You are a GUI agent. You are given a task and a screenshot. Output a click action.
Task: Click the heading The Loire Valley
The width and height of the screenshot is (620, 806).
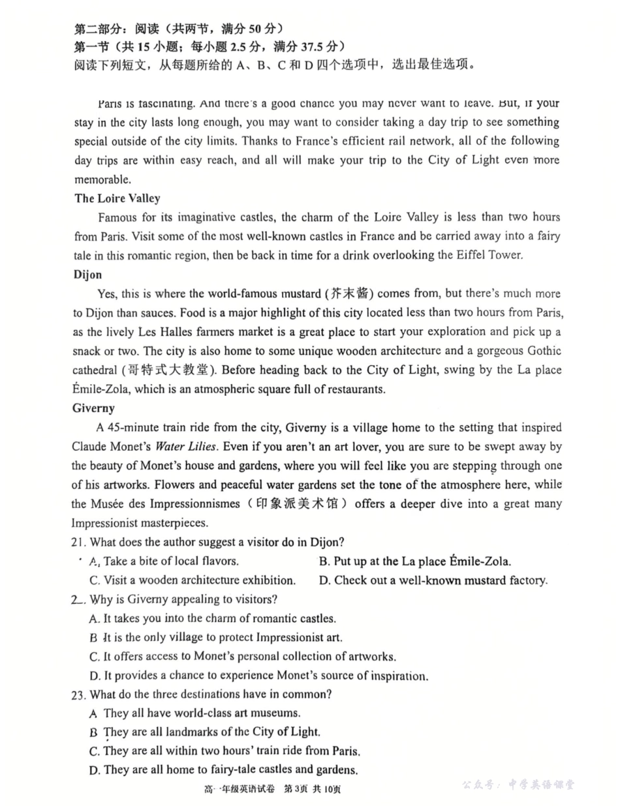click(117, 198)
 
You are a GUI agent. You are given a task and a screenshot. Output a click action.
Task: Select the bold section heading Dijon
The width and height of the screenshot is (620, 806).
click(88, 275)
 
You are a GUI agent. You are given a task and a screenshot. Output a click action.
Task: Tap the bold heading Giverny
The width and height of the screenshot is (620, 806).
click(95, 408)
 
